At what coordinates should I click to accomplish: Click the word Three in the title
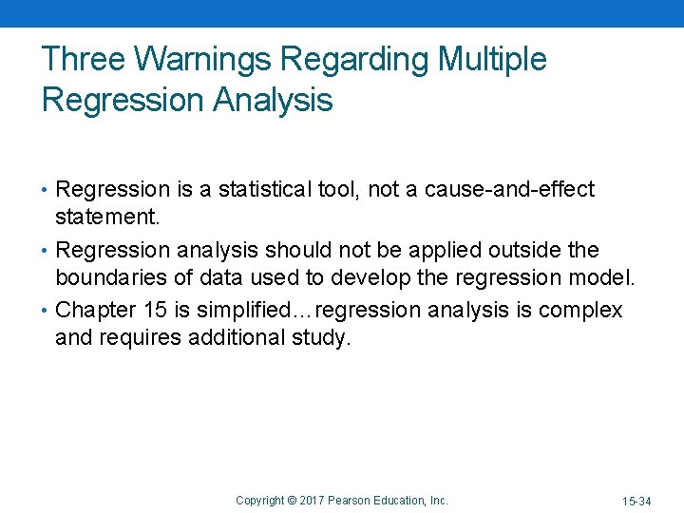click(84, 59)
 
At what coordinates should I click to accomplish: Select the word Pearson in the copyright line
click(353, 501)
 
